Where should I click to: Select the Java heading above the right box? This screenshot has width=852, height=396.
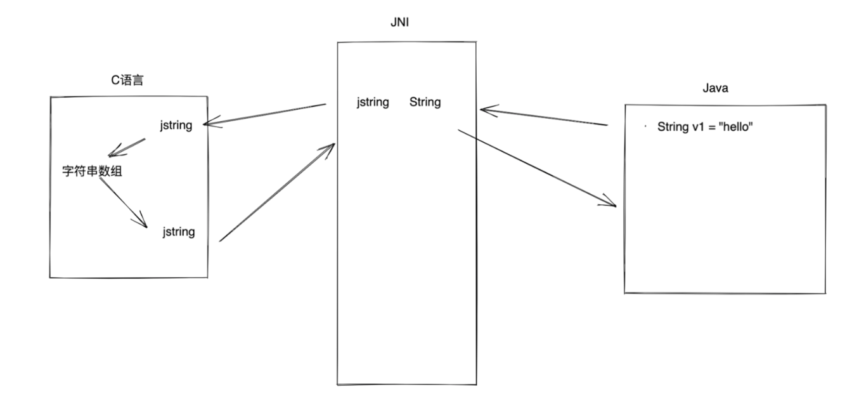pos(715,88)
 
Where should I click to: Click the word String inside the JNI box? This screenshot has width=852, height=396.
pos(425,102)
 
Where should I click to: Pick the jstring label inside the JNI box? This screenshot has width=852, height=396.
pos(373,102)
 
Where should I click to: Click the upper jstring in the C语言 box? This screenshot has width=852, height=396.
pos(176,125)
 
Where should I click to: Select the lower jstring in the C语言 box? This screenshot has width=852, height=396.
pos(178,232)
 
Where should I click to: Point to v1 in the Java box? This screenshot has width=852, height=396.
pos(700,127)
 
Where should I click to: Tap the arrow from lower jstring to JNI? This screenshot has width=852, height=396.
pos(276,192)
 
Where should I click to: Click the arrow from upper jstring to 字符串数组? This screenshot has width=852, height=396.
pos(127,147)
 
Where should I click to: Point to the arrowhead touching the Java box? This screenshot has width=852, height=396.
pos(612,204)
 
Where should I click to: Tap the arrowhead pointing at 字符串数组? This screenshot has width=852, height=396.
pos(112,154)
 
